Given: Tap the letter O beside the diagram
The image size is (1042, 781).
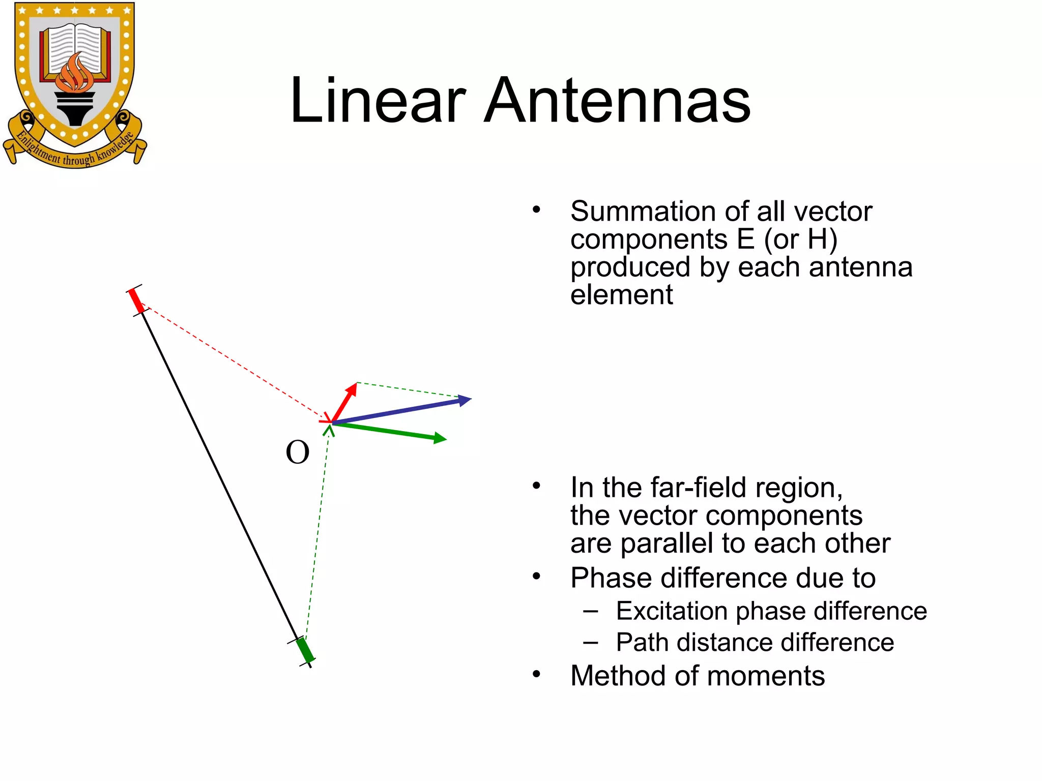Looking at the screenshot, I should coord(298,452).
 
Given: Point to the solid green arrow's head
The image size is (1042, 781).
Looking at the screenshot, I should coord(441,438).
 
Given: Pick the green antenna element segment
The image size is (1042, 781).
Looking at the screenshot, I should coord(305,650).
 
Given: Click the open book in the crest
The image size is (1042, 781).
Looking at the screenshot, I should coord(75,48).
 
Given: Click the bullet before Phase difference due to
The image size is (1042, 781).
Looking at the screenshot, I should coord(536,576).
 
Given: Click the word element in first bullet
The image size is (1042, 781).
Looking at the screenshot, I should coord(621,295).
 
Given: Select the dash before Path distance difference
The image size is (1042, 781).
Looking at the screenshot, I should coord(591,642).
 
